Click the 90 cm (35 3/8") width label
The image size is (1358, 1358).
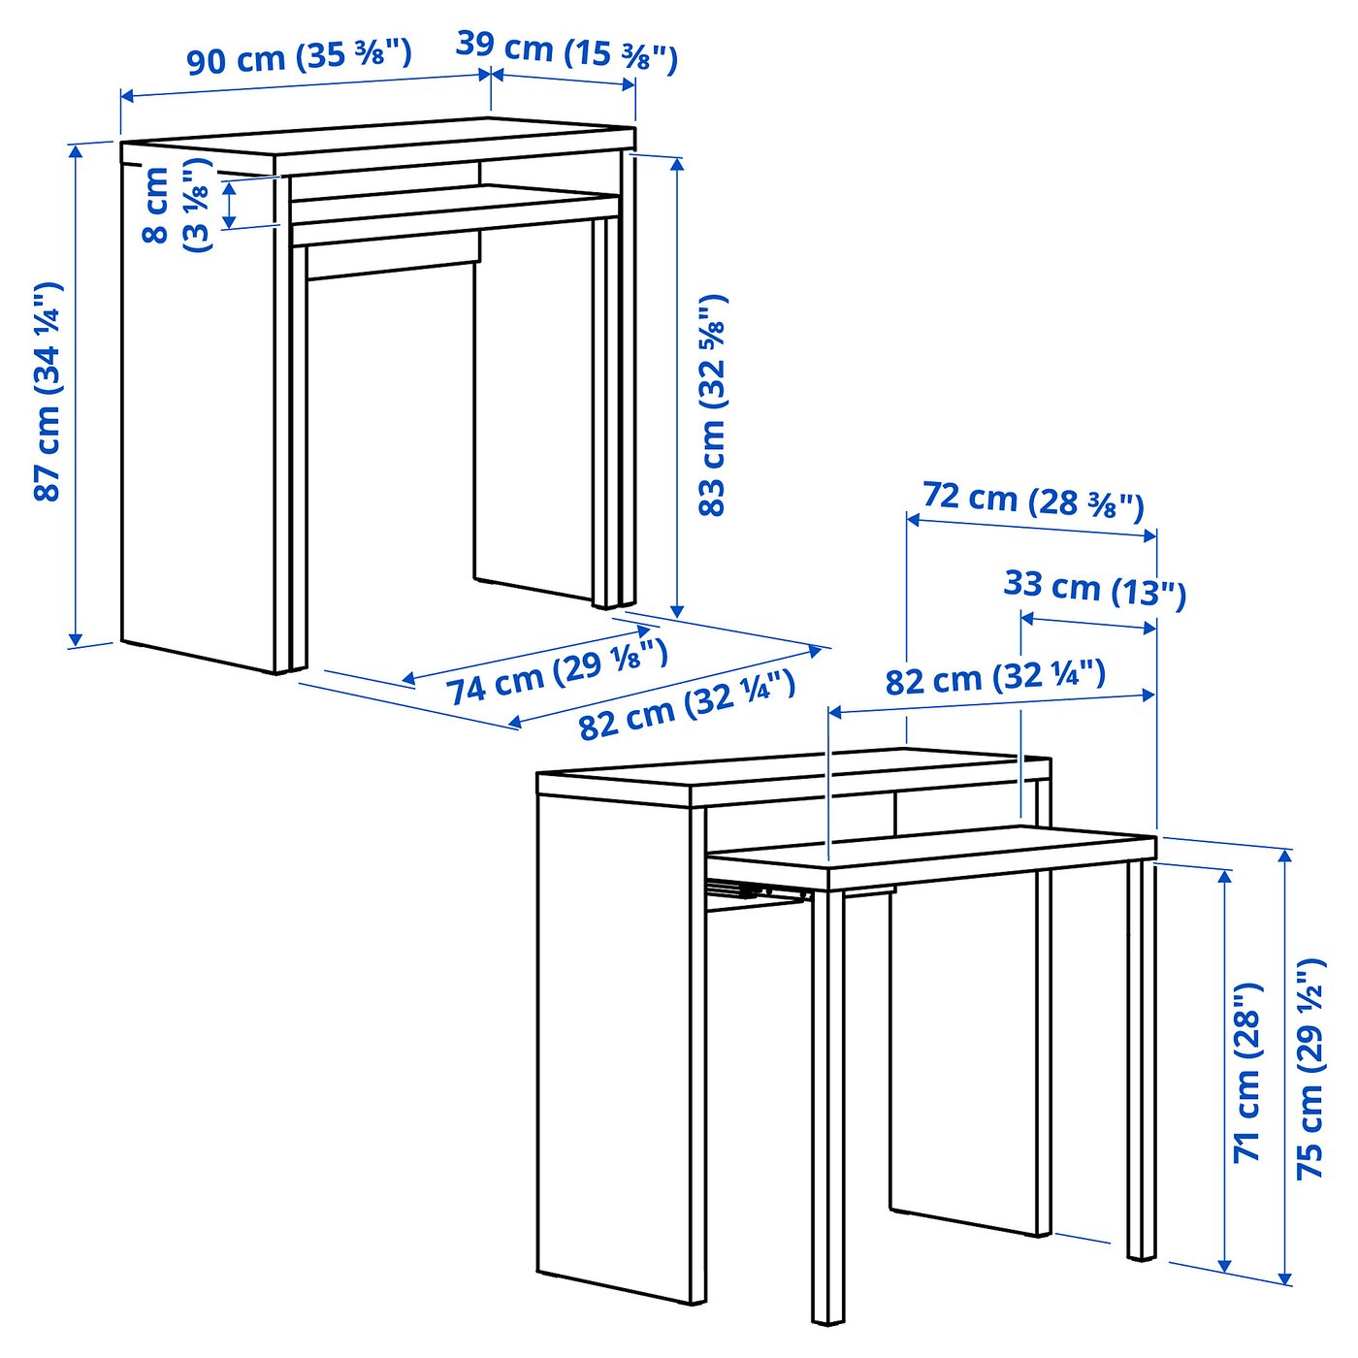(x=299, y=57)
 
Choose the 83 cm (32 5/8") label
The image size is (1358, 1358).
(x=713, y=405)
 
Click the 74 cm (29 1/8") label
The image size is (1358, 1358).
(x=557, y=672)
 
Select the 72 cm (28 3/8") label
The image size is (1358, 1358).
(x=1033, y=500)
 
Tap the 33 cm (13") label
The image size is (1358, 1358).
(x=1094, y=588)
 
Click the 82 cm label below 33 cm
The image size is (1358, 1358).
(x=994, y=677)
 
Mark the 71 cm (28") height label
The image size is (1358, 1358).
(x=1248, y=1072)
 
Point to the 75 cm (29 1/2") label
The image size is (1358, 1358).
(x=1310, y=1068)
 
